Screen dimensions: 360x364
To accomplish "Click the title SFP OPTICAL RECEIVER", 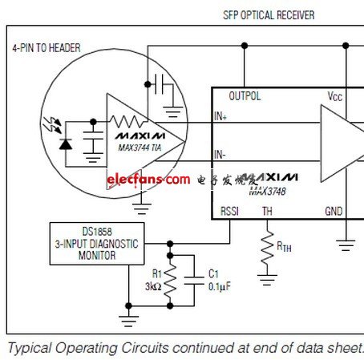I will pos(268,15).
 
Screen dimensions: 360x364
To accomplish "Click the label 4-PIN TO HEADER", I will pos(46,47).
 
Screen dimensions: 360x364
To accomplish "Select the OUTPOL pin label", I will pos(245,95).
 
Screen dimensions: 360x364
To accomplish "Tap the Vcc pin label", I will pos(335,95).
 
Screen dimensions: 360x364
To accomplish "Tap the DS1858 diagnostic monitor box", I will pos(94,243).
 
